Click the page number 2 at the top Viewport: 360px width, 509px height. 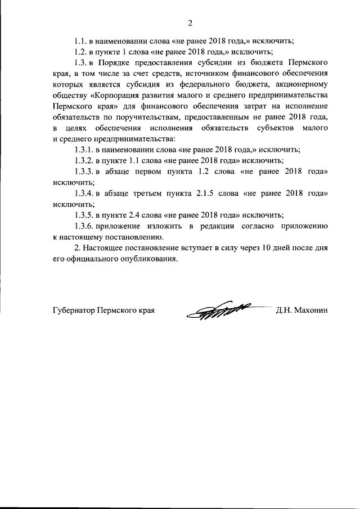tap(190, 23)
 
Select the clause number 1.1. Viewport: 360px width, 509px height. tap(83, 41)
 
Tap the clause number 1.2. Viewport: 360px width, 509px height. tap(83, 52)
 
